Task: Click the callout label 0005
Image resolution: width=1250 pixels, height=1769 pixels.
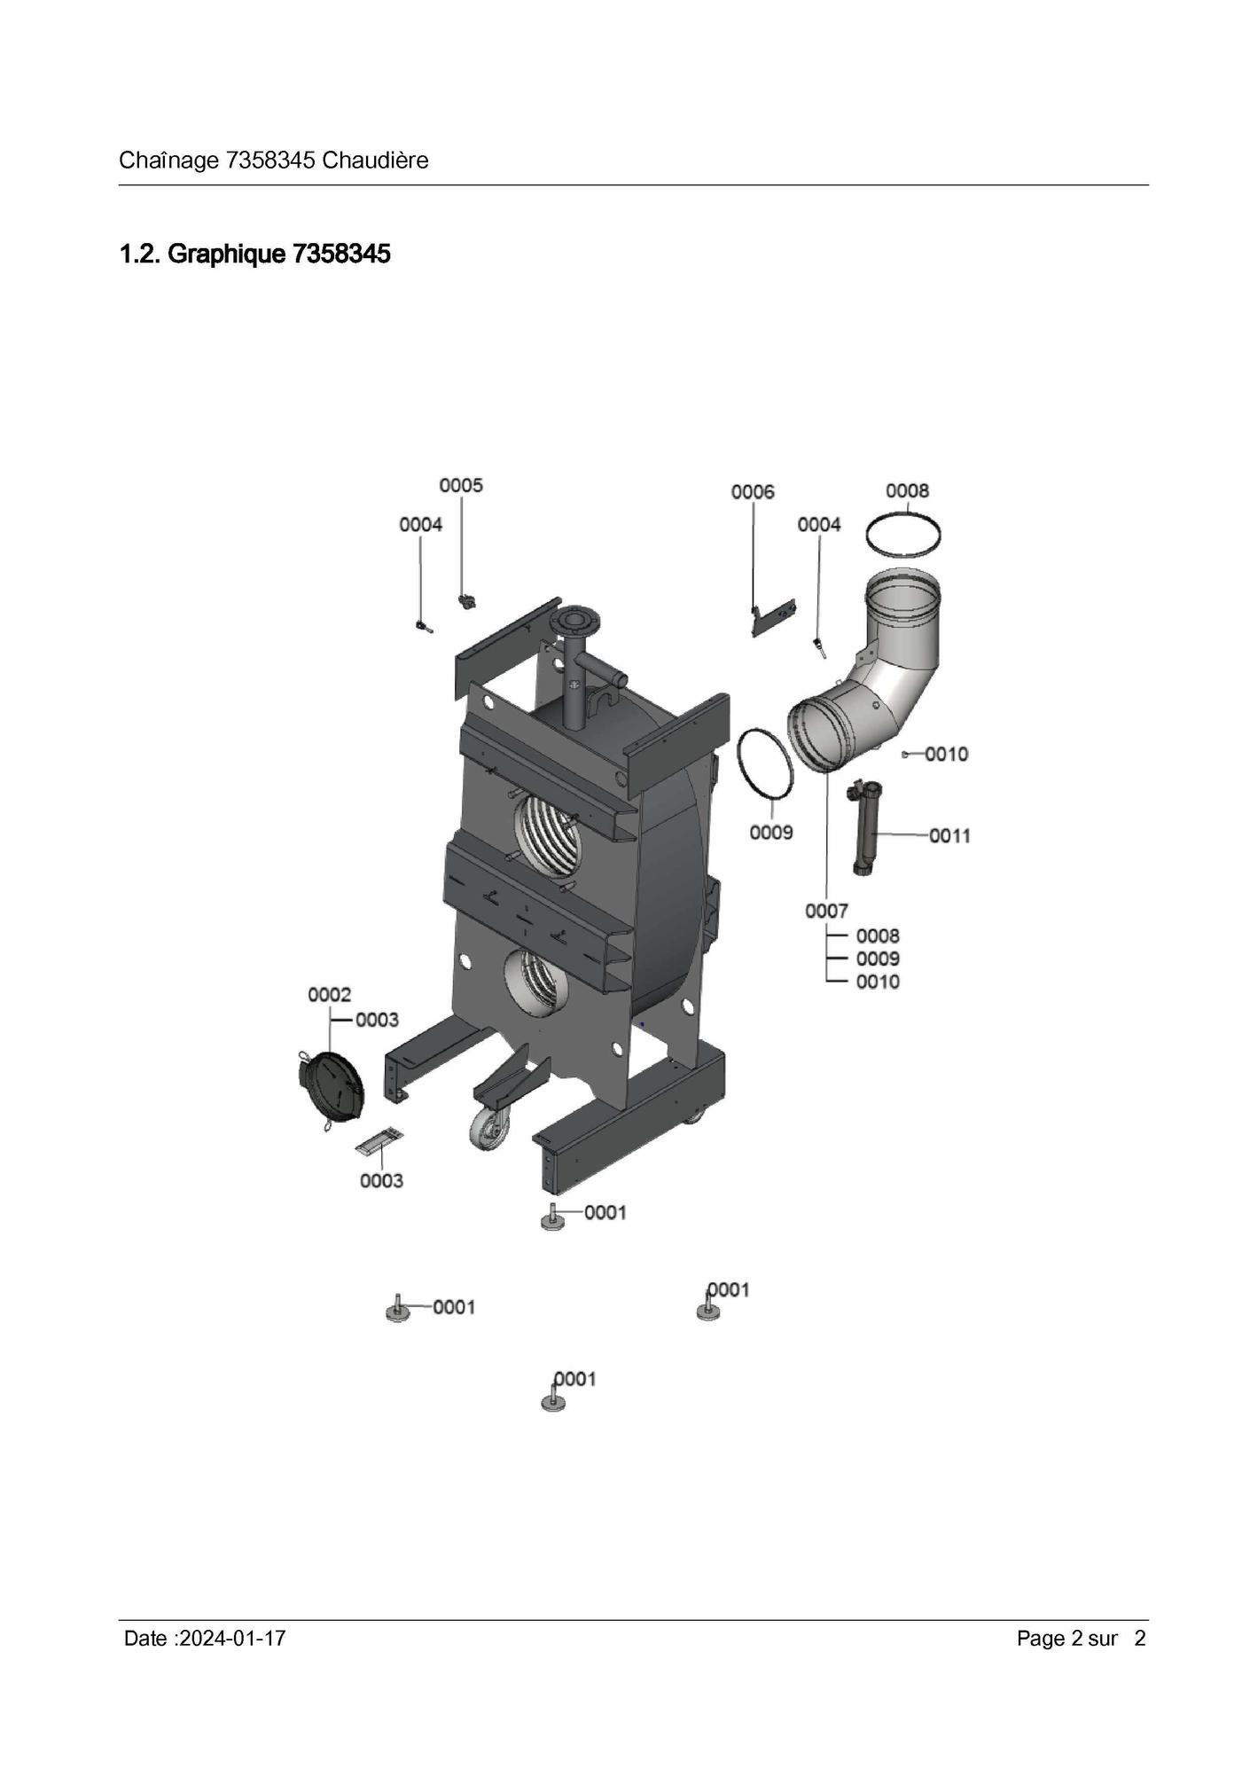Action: tap(461, 485)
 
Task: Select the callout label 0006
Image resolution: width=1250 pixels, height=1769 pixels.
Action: tap(753, 491)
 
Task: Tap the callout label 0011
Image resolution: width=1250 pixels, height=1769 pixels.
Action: tap(949, 835)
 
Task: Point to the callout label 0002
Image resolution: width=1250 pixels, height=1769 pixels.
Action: tap(330, 995)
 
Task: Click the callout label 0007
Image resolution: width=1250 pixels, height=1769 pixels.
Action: tap(826, 911)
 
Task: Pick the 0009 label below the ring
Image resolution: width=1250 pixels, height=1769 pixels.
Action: tap(771, 832)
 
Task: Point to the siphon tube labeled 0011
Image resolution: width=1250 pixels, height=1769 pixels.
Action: tap(862, 827)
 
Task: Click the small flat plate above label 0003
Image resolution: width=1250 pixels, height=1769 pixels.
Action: tap(380, 1144)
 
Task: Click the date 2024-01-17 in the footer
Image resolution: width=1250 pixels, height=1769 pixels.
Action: tap(232, 1638)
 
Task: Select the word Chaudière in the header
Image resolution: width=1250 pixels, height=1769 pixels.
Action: tap(375, 160)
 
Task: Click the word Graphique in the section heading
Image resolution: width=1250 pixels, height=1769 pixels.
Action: tap(227, 254)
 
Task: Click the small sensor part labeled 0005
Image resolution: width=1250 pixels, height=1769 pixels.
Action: tap(465, 603)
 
